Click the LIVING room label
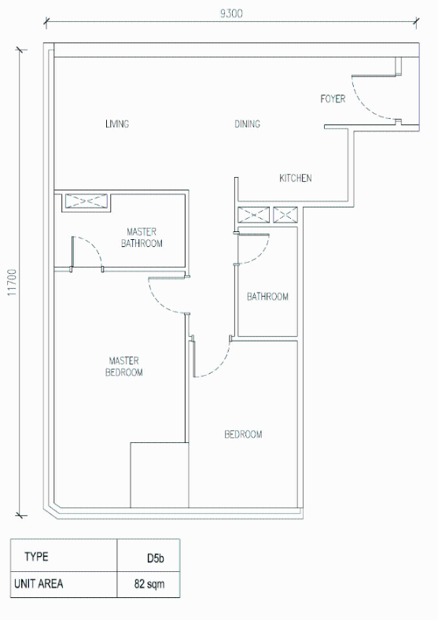pyautogui.click(x=117, y=124)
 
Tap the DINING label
pyautogui.click(x=248, y=124)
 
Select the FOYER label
pyautogui.click(x=333, y=98)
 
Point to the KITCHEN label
pyautogui.click(x=296, y=178)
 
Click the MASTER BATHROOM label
pyautogui.click(x=142, y=238)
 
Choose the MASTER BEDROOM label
pyautogui.click(x=123, y=367)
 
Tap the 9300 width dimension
pyautogui.click(x=231, y=13)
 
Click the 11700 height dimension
pyautogui.click(x=13, y=282)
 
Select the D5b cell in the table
pyautogui.click(x=156, y=558)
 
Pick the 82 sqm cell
pyautogui.click(x=149, y=584)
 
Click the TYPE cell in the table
pyautogui.click(x=36, y=557)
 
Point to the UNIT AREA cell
pyautogui.click(x=39, y=584)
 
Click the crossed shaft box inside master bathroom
pyautogui.click(x=86, y=201)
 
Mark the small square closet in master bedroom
pyautogui.click(x=160, y=475)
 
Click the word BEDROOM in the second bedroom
pyautogui.click(x=243, y=434)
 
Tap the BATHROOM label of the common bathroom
pyautogui.click(x=267, y=297)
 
